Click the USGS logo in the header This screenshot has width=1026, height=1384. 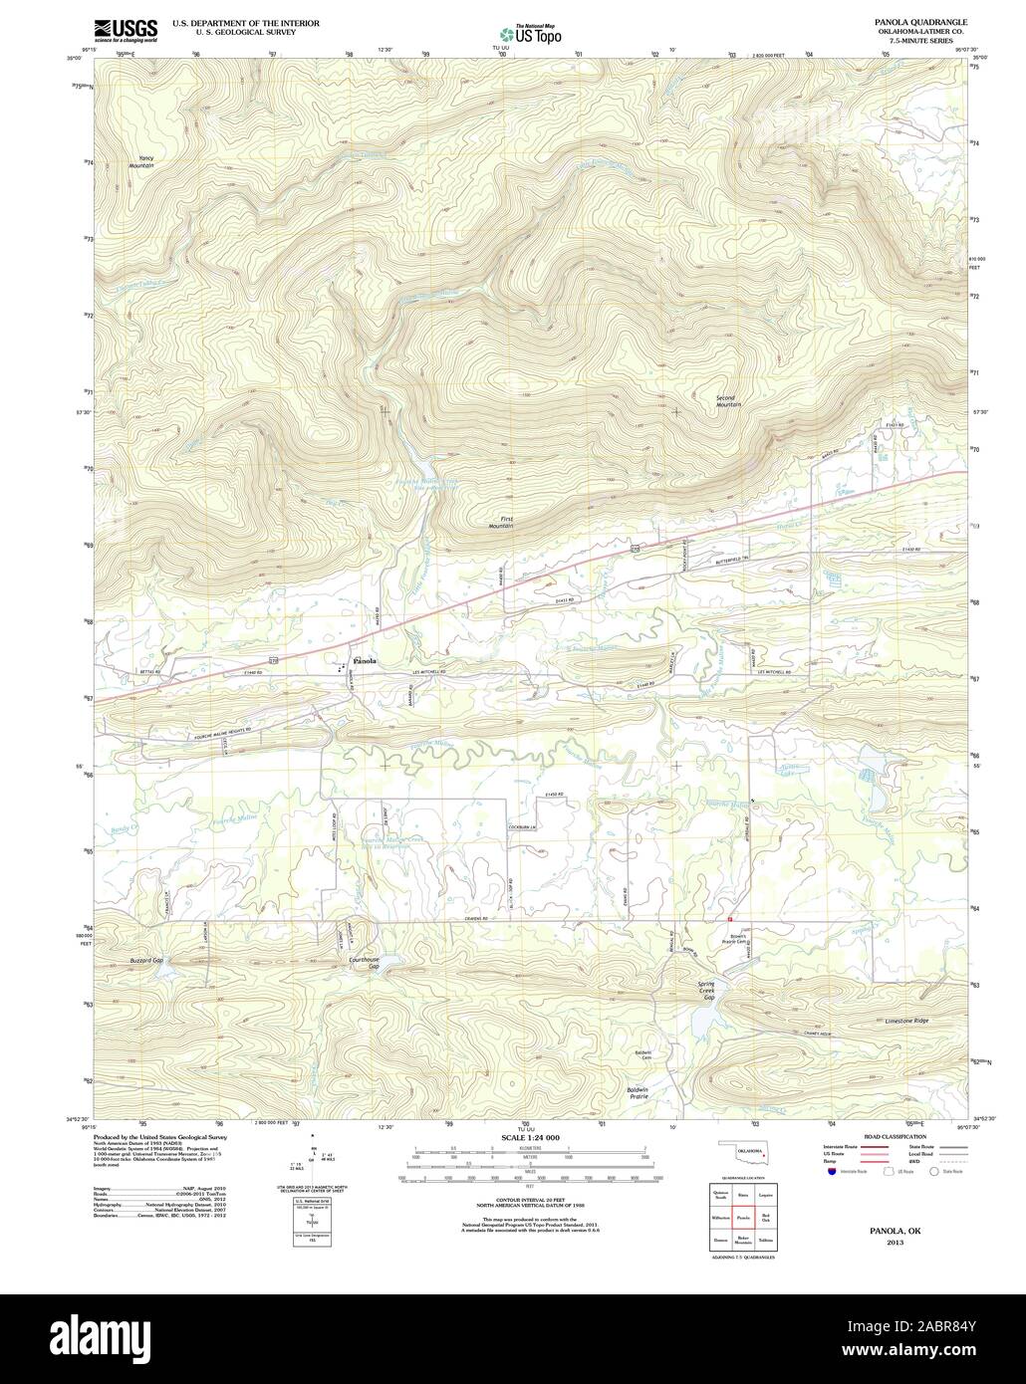tap(126, 29)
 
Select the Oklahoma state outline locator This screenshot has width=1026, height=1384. tap(743, 1159)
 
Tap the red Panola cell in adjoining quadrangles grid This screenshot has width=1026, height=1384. tap(743, 1217)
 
